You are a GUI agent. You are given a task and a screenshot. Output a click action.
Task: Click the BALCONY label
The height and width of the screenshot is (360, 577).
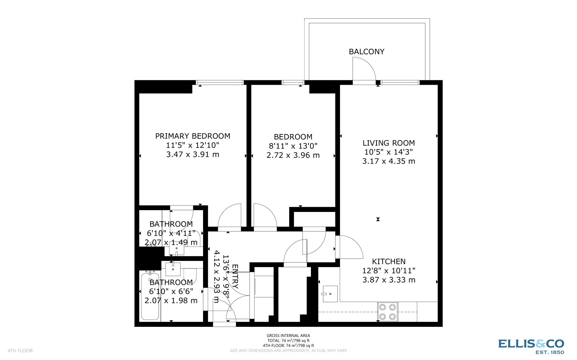pos(366,52)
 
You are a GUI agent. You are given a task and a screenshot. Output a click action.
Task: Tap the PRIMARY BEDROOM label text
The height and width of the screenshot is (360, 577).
pos(193,136)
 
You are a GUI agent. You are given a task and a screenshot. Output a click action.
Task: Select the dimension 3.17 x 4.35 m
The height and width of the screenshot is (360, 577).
pos(388,161)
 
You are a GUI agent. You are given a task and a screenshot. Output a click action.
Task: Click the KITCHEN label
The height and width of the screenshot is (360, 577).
pos(388,261)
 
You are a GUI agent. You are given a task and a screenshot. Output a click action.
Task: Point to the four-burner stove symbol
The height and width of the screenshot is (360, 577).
pos(387,312)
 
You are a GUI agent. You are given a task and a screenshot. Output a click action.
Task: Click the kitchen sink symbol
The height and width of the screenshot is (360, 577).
pos(330,294)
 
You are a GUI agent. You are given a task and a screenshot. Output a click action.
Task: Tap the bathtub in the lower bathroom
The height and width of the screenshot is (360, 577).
pos(150,297)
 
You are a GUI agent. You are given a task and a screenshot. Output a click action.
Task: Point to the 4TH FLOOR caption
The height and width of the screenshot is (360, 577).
pos(20,351)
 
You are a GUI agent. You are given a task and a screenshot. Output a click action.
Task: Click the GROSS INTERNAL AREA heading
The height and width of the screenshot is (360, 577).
pos(288,335)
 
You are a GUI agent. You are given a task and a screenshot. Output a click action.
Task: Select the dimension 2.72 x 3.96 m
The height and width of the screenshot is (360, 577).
pos(293,155)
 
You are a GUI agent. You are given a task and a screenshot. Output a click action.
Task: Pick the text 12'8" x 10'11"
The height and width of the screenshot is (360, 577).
pos(388,271)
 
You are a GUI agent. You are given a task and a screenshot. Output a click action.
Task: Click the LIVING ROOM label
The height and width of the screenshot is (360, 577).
pos(388,143)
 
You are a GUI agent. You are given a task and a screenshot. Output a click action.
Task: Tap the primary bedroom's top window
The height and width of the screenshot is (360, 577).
pos(220,83)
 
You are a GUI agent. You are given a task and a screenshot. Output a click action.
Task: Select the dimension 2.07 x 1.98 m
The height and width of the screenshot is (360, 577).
pos(171,301)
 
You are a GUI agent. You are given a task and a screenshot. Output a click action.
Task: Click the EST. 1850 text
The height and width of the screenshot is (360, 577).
pos(550,352)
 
